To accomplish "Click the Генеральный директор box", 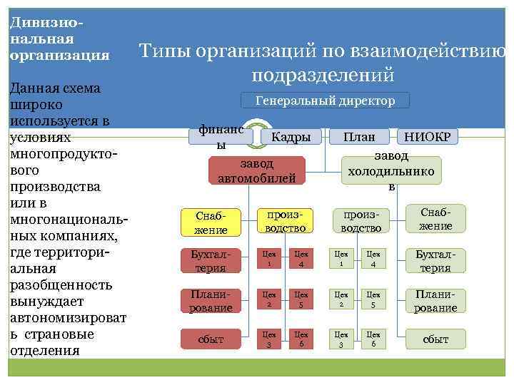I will tap(326, 101).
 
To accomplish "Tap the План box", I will tap(358, 136).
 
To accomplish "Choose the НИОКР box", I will tap(427, 136).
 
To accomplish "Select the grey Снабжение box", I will tap(435, 219).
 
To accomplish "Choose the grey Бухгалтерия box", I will tap(435, 260).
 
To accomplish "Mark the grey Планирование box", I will tap(435, 300).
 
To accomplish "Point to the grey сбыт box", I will tap(435, 339).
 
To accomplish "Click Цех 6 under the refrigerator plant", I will tap(373, 339).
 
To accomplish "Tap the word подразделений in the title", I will tap(323, 74).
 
